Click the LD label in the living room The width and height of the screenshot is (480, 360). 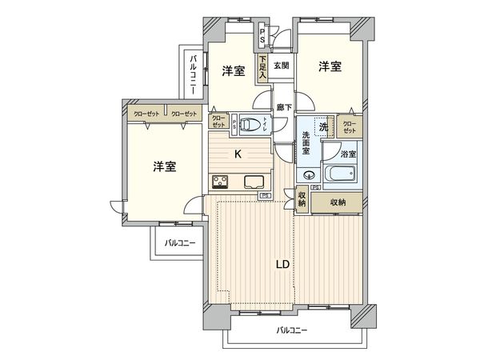tap(282, 263)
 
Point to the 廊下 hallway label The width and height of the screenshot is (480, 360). tap(283, 106)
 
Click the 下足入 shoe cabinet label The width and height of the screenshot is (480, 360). tap(262, 65)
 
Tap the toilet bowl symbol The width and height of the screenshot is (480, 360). tap(250, 123)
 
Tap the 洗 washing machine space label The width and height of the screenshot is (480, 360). tap(324, 126)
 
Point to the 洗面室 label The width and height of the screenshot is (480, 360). tap(306, 144)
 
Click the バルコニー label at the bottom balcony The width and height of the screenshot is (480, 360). tap(292, 330)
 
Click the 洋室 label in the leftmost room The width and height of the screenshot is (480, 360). tap(165, 167)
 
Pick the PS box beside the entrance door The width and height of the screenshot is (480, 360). tap(262, 37)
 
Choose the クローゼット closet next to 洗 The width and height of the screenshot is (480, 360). tap(349, 126)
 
